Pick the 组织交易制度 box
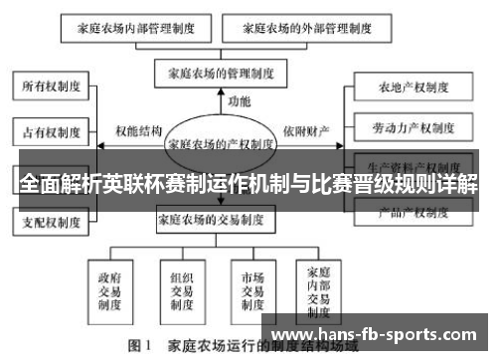click(x=182, y=288)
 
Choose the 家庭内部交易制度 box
click(x=319, y=288)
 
